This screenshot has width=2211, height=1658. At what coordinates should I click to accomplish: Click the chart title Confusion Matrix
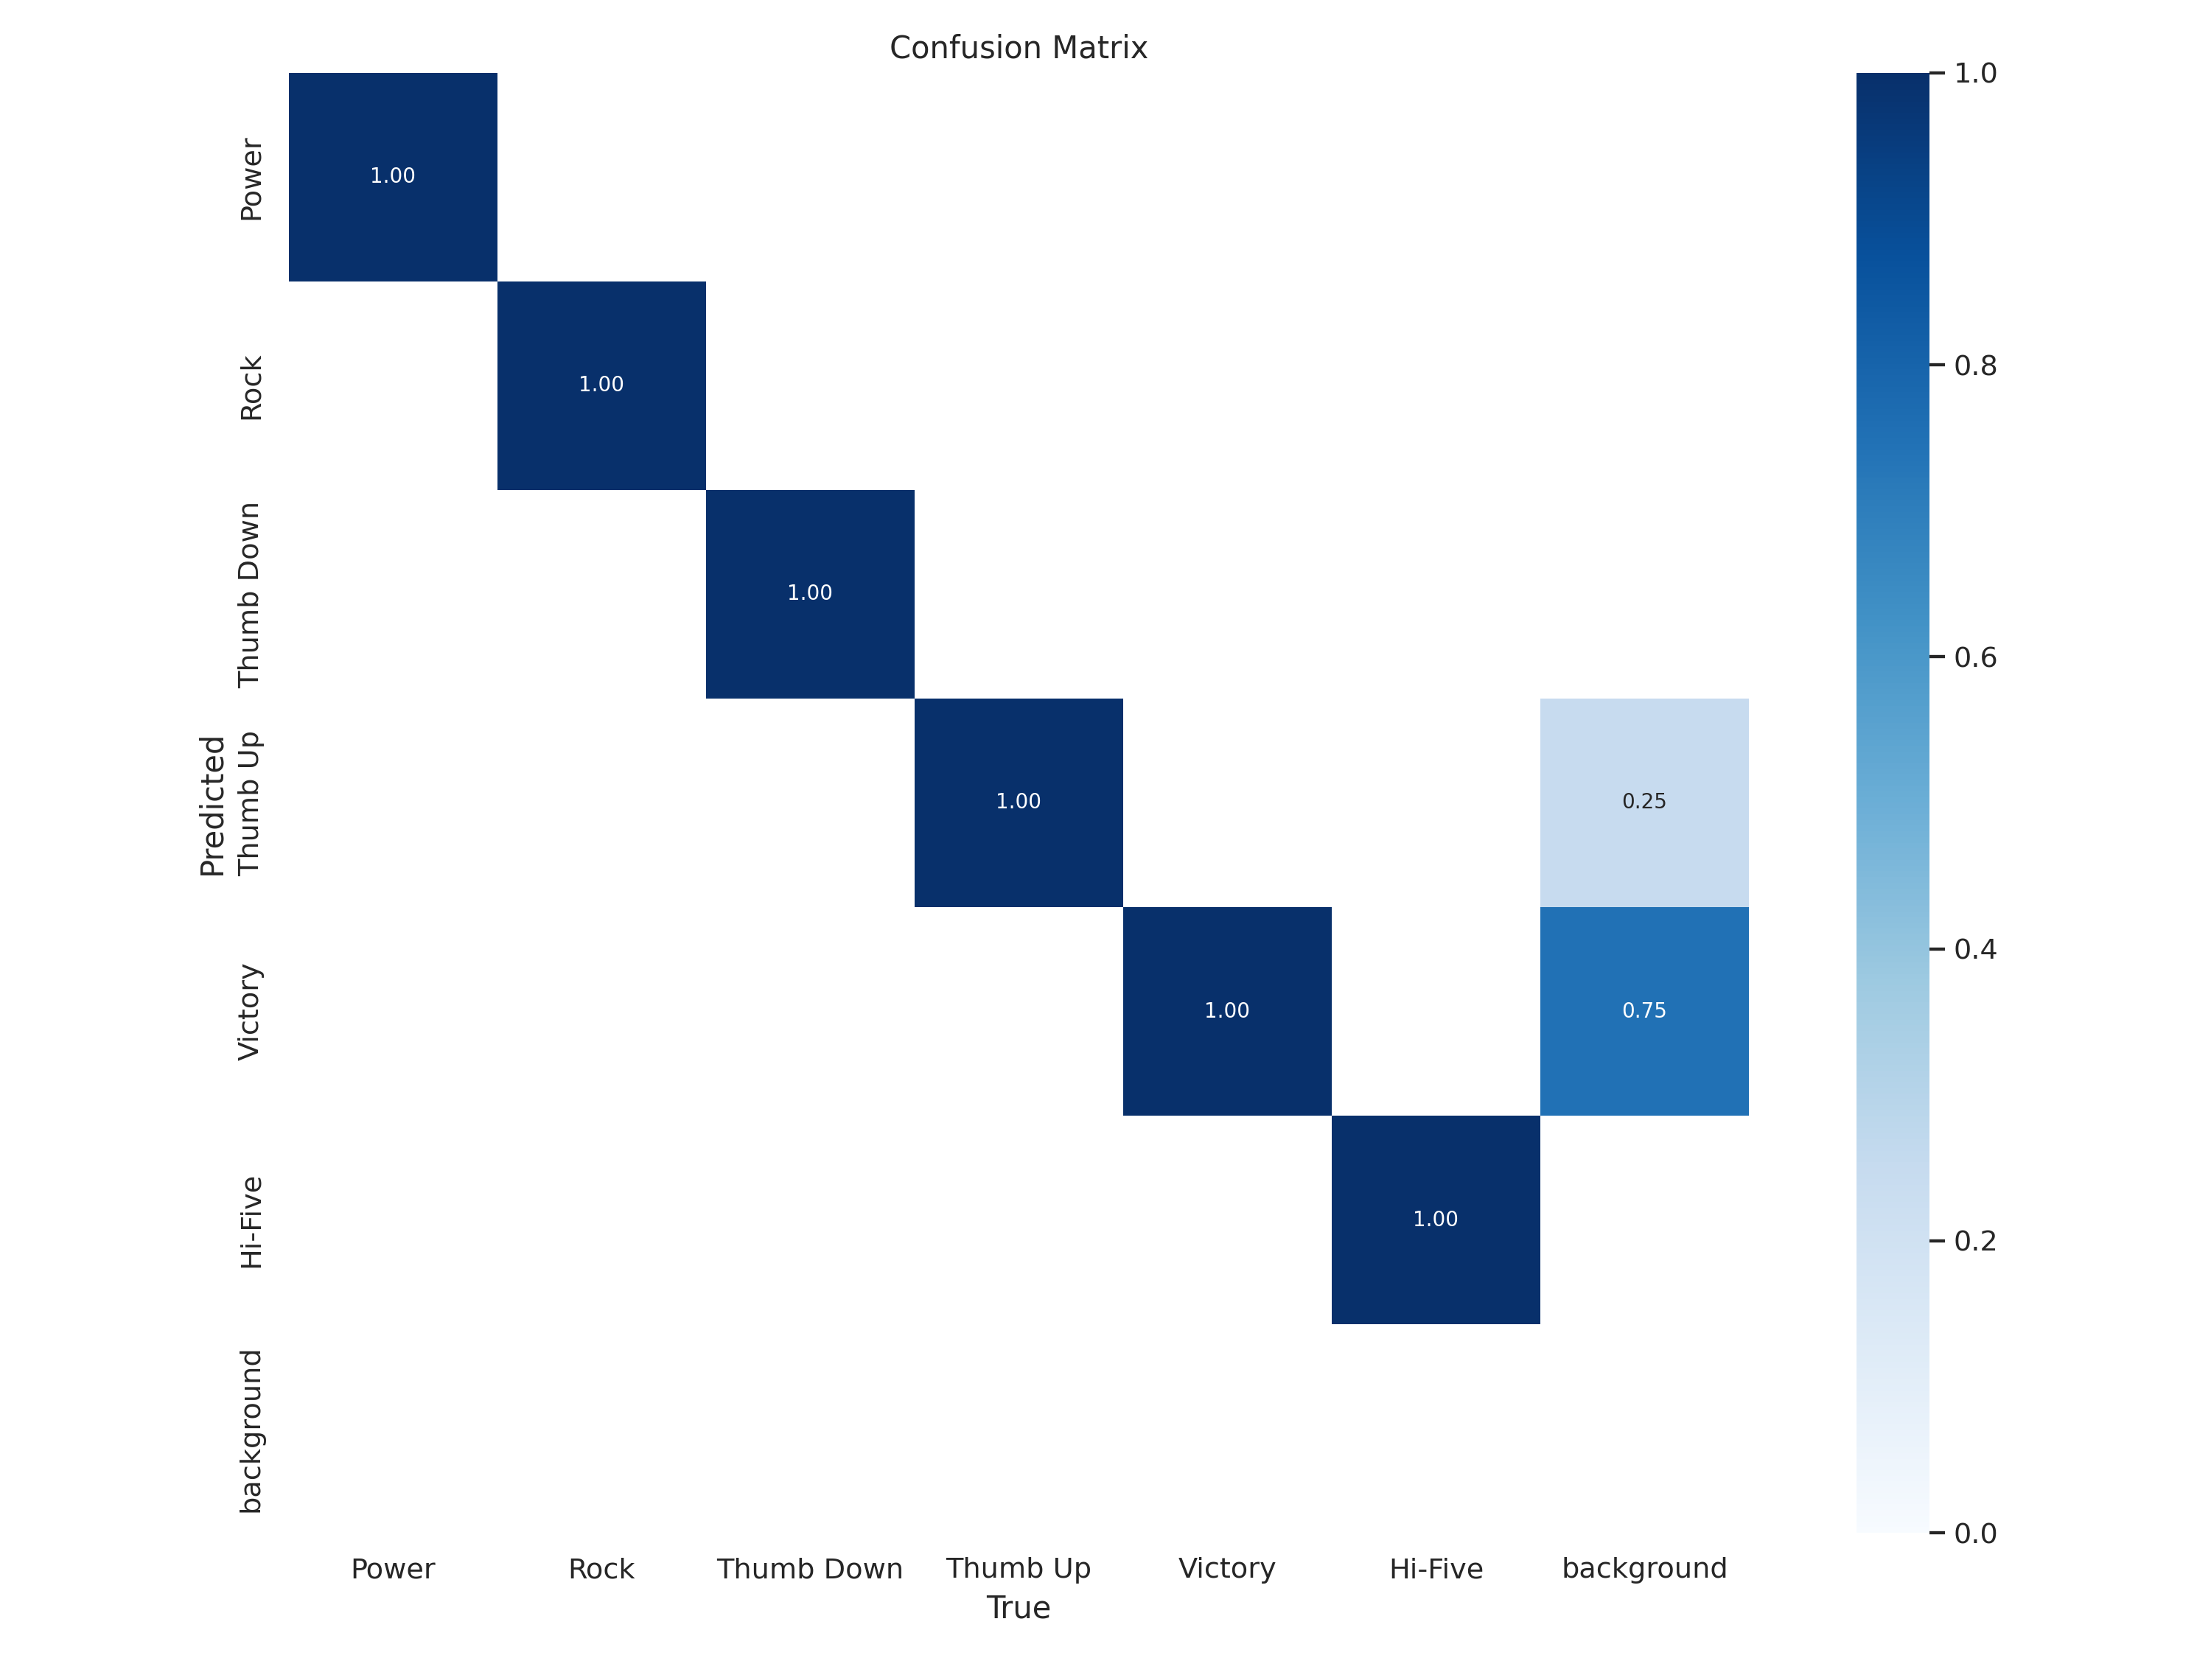[x=1018, y=48]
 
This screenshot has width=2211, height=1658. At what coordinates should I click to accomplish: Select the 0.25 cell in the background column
[x=1644, y=802]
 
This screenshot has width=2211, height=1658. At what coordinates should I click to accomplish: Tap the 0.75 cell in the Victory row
[x=1644, y=1010]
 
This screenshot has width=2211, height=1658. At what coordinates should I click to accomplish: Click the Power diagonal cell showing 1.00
[x=393, y=177]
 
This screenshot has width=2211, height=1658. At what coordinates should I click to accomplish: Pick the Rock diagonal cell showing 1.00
[x=601, y=385]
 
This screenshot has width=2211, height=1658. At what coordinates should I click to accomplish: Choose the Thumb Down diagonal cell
[x=810, y=594]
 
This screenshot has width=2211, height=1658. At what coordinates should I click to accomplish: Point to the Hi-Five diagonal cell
[x=1436, y=1220]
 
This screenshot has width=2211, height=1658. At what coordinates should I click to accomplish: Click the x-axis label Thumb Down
[x=810, y=1569]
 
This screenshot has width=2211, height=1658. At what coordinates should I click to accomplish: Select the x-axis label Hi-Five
[x=1436, y=1569]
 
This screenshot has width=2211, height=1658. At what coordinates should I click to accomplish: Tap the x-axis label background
[x=1644, y=1569]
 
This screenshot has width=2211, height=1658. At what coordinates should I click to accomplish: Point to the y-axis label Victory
[x=249, y=1012]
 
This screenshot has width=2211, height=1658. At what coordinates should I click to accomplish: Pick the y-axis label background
[x=251, y=1431]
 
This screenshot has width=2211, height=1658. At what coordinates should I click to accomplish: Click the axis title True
[x=1018, y=1608]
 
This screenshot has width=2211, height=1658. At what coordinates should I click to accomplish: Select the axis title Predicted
[x=213, y=805]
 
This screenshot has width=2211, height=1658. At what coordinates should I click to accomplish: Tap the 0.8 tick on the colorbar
[x=1974, y=365]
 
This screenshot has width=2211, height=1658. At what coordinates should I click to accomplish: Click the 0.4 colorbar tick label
[x=1974, y=949]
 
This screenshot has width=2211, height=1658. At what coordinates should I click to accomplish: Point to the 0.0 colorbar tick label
[x=1974, y=1533]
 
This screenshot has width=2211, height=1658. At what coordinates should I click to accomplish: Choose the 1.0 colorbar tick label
[x=1974, y=73]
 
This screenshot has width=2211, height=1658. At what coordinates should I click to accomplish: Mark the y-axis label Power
[x=251, y=180]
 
